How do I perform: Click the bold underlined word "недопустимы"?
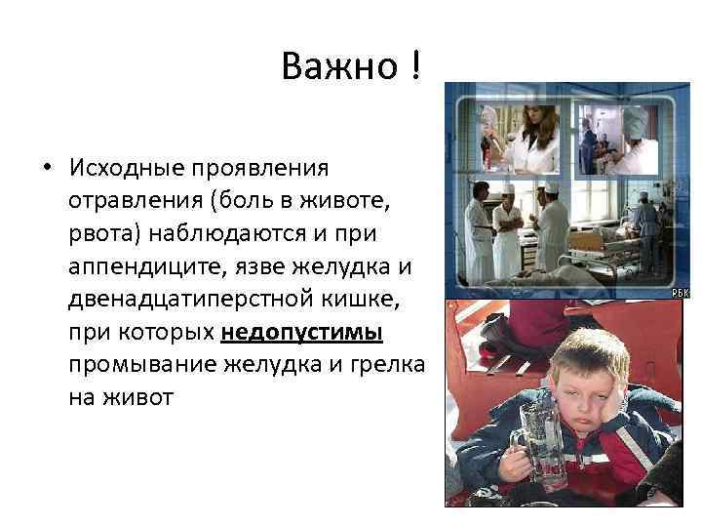pyautogui.click(x=302, y=331)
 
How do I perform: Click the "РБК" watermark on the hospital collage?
pyautogui.click(x=679, y=292)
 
